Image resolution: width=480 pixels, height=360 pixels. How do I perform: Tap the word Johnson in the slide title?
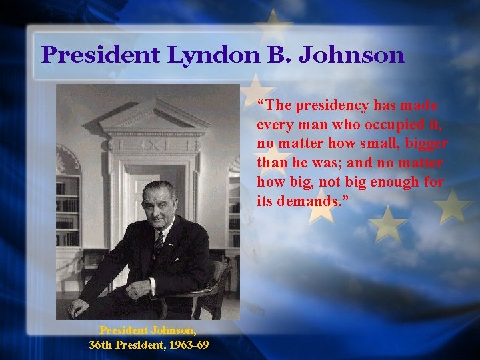pos(351,55)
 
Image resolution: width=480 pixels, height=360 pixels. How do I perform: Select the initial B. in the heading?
pos(275,55)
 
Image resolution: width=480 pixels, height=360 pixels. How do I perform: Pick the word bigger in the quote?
pos(426,144)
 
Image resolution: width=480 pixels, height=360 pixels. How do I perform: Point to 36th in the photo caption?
pos(102,344)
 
